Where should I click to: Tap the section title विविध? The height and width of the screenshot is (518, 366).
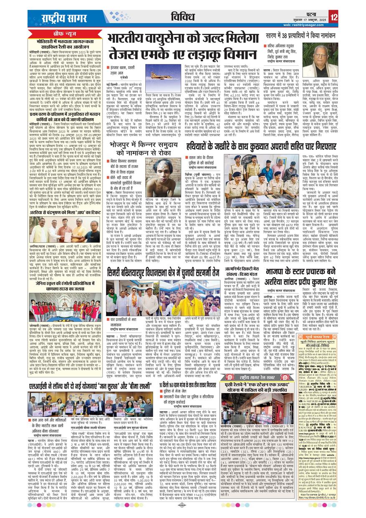tap(182, 17)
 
